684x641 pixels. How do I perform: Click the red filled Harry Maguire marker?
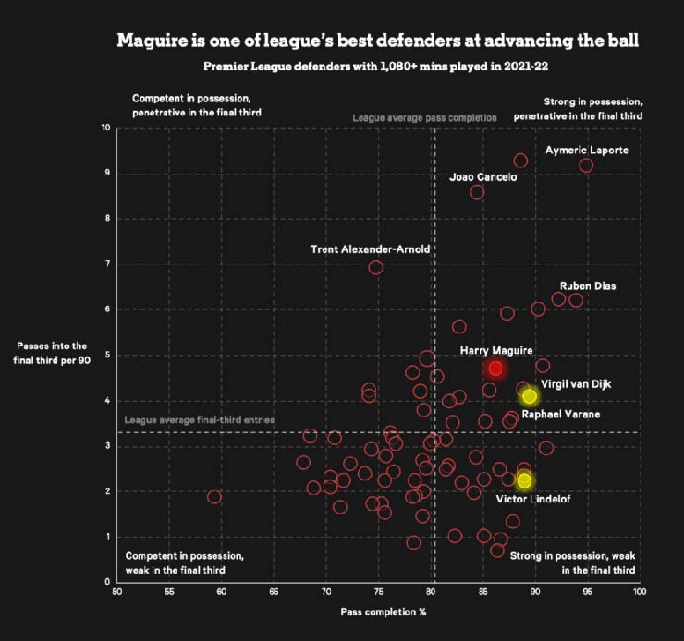[495, 368]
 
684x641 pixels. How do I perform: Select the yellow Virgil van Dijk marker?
[530, 396]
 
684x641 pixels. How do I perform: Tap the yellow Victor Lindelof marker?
[525, 480]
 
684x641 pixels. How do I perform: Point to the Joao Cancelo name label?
[482, 176]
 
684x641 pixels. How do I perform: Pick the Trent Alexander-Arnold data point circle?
[375, 268]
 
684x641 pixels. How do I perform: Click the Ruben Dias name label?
[587, 286]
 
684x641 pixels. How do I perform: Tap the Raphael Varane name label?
[560, 415]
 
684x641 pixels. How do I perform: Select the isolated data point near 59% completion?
[214, 497]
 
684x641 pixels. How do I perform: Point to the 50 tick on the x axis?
[116, 592]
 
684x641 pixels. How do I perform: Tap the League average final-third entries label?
[199, 419]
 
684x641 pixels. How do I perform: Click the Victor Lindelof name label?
[530, 500]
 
